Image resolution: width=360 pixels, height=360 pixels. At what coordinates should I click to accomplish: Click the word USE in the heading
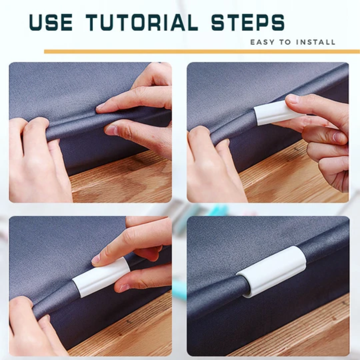click(x=51, y=22)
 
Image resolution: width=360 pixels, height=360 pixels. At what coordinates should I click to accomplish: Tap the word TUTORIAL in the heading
click(x=142, y=22)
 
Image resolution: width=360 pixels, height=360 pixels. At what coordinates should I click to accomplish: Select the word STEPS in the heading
click(x=248, y=22)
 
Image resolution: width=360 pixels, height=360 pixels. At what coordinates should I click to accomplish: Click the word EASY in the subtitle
click(x=262, y=42)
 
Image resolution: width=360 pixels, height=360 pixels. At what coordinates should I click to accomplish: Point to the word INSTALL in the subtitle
click(x=316, y=42)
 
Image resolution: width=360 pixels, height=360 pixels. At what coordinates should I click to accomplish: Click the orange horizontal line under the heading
click(x=202, y=51)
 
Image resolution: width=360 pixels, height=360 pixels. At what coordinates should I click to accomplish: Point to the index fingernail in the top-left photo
click(x=100, y=106)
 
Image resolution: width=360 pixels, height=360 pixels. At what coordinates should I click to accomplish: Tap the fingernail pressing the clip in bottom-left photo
click(x=96, y=259)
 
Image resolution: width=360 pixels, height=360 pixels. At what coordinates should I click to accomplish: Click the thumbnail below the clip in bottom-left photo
click(x=123, y=288)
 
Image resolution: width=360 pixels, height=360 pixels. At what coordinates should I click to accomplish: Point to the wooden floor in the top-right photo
click(x=287, y=175)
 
